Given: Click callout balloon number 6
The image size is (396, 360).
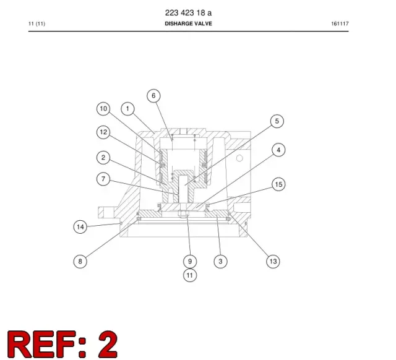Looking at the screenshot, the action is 153,96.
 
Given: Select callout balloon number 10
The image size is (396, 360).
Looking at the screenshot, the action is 103,109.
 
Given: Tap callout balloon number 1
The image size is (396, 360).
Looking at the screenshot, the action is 127,109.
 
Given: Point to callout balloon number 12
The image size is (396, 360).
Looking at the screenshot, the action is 103,132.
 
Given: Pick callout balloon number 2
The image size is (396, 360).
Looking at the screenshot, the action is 103,158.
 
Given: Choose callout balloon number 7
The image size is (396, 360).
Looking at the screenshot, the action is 103,179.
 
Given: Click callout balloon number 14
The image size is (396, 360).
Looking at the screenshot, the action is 80,227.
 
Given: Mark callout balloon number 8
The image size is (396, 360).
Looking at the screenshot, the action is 80,261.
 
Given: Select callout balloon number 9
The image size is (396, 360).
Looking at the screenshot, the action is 190,261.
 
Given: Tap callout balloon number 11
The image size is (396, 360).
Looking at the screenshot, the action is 190,275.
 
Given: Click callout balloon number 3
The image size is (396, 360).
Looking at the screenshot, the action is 220,261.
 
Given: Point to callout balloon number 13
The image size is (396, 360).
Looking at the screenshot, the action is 273,261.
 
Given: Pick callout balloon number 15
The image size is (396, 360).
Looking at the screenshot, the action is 278,184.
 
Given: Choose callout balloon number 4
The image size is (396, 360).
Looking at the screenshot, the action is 278,150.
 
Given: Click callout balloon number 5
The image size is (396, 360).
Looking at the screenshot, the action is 277,121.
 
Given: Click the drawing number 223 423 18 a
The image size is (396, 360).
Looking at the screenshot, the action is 188,12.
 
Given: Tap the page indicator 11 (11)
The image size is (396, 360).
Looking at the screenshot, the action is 37,24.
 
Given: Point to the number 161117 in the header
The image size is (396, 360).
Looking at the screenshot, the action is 340,24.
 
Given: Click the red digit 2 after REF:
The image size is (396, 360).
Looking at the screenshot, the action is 108,345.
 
